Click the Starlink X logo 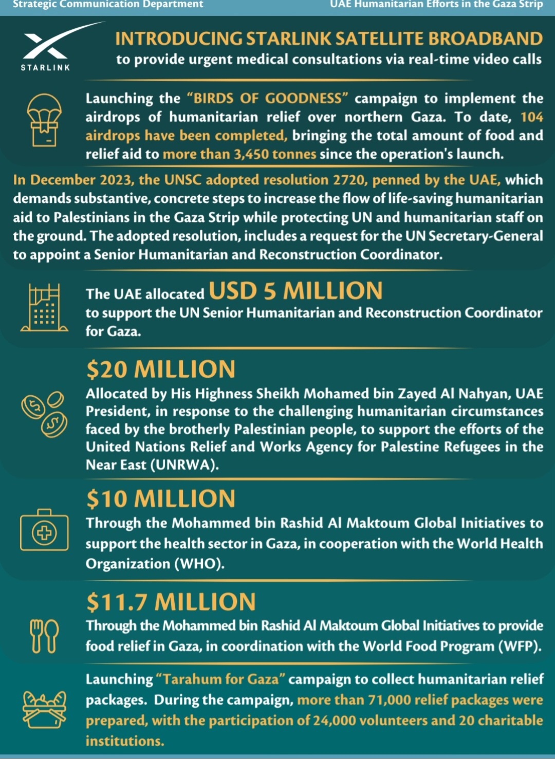45,46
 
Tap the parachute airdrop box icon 44,120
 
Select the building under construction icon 44,307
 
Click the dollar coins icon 44,414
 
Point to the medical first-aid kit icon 44,531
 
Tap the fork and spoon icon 44,636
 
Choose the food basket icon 44,710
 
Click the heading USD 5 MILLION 295,291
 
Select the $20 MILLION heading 161,369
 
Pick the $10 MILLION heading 161,499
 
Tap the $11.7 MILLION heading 171,602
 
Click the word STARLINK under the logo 45,67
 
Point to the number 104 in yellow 531,117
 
